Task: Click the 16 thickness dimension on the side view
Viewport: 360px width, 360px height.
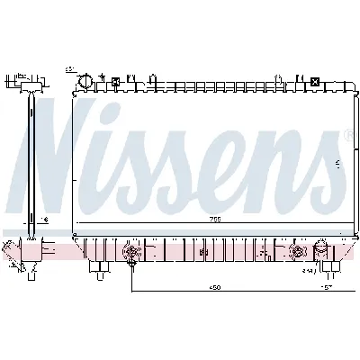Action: pyautogui.click(x=44, y=219)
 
